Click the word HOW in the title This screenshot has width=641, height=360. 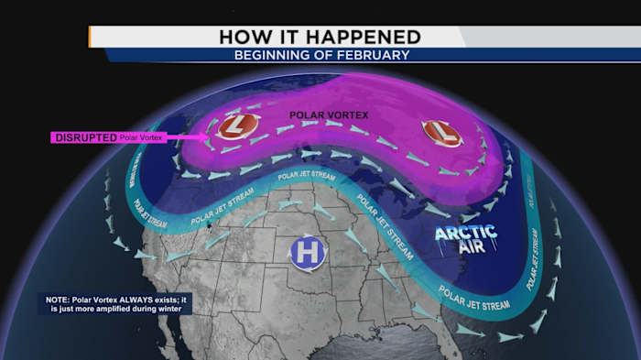(244, 37)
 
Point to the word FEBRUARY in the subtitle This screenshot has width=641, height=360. (375, 55)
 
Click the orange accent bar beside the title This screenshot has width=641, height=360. (90, 37)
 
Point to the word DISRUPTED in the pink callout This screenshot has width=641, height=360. (86, 137)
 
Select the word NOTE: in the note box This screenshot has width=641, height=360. (58, 300)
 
